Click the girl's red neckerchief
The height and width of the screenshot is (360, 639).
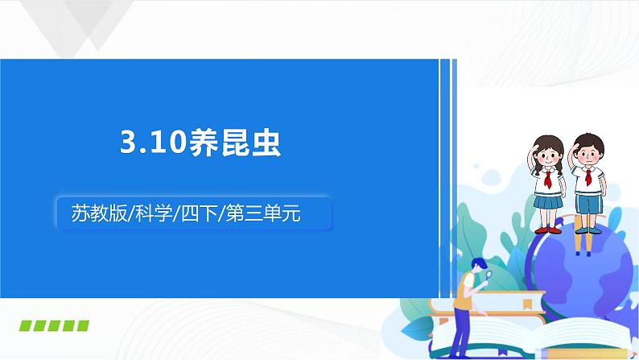[548, 179]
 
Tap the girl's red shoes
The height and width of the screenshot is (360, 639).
[548, 230]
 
